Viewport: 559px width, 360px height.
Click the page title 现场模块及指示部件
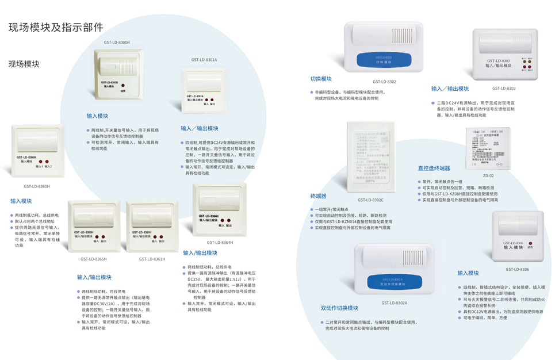click(56, 27)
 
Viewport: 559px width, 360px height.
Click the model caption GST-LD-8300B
click(117, 43)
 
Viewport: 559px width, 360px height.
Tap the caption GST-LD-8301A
click(204, 60)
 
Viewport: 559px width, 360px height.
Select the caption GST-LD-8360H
click(37, 186)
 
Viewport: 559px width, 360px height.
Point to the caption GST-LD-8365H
click(94, 259)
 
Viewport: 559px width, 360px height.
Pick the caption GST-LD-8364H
click(220, 243)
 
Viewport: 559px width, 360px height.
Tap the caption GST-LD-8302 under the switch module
click(384, 82)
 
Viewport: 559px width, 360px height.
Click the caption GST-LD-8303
click(504, 89)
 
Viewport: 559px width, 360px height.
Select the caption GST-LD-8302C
click(370, 200)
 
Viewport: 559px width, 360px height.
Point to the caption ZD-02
click(488, 176)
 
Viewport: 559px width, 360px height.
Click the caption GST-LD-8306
click(518, 269)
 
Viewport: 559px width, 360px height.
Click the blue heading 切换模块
click(321, 79)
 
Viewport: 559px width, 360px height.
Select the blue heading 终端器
click(318, 196)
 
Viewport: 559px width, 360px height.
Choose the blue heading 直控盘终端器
click(434, 168)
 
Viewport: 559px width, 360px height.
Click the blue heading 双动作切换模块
click(339, 308)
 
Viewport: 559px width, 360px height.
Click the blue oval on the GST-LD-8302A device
click(393, 282)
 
